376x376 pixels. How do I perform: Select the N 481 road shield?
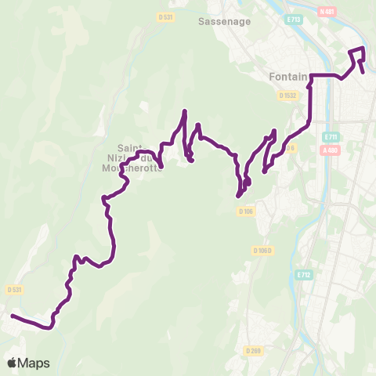tap(350, 12)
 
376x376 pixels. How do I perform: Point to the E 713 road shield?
tap(293, 18)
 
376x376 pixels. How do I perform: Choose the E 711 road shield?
tap(330, 136)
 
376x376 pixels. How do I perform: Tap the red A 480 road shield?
tap(332, 151)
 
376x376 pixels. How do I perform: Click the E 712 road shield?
tap(303, 276)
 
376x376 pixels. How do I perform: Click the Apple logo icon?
tap(12, 363)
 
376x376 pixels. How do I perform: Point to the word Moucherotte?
tap(139, 168)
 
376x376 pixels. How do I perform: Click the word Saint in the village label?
tap(130, 146)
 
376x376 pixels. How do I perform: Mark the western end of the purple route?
tap(12, 316)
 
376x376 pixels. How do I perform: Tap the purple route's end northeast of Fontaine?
tap(364, 72)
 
